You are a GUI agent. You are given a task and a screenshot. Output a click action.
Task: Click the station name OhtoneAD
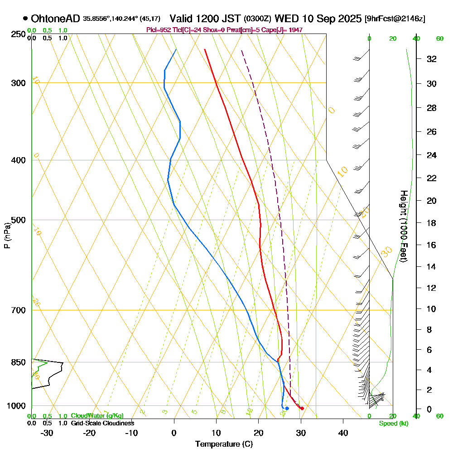(x=56, y=19)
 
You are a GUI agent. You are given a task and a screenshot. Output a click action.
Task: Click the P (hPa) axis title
(x=7, y=236)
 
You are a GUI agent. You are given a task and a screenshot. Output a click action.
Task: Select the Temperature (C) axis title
(x=224, y=444)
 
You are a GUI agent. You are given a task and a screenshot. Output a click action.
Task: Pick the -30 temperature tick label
(x=47, y=433)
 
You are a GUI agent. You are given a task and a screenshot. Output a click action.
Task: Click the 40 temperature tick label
(x=343, y=433)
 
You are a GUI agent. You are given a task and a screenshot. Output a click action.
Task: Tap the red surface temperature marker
(x=302, y=409)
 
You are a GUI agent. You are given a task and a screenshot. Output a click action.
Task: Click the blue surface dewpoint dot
(x=287, y=409)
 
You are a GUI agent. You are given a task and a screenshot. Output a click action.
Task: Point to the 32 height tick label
(x=432, y=59)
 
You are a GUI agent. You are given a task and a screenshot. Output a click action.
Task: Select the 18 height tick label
(x=432, y=223)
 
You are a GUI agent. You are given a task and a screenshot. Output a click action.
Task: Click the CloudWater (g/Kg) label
(x=97, y=416)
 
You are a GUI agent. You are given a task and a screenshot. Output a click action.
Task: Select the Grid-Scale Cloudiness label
(x=102, y=423)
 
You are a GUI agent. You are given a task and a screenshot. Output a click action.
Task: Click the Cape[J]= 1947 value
(x=283, y=30)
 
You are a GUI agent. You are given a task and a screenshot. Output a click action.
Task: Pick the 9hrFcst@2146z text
(x=395, y=19)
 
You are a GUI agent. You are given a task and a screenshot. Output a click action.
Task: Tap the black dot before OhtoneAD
(x=25, y=19)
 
